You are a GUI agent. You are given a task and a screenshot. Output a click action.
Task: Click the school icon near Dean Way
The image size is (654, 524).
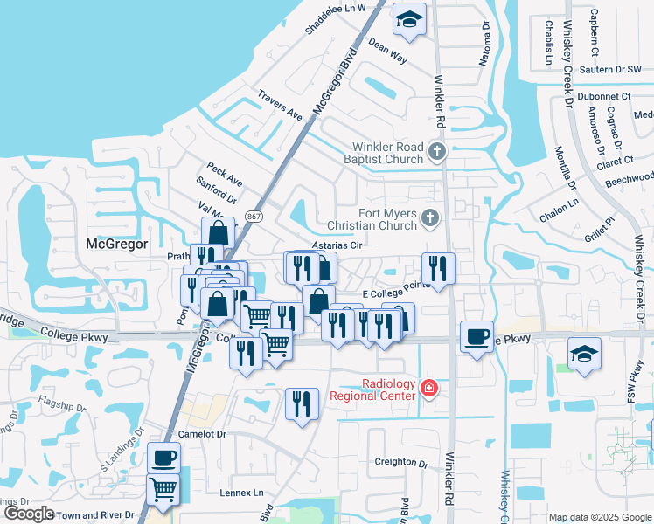[x=408, y=19]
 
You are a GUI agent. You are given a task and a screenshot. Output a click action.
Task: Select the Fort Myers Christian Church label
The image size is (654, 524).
[x=373, y=219]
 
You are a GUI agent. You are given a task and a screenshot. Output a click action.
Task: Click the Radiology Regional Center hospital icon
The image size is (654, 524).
[x=428, y=388]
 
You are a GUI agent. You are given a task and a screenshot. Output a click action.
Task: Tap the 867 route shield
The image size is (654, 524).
[x=254, y=216]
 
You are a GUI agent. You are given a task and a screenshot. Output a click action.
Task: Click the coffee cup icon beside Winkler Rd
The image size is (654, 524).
[x=477, y=335]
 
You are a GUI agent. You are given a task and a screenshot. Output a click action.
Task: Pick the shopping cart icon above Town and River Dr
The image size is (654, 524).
[x=163, y=489]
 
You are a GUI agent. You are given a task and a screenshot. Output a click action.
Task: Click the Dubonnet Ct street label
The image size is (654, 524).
[x=605, y=96]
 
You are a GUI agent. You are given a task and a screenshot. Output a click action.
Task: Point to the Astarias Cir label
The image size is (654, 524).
[x=337, y=246]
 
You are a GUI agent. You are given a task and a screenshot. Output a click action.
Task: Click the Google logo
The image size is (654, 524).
[x=28, y=514]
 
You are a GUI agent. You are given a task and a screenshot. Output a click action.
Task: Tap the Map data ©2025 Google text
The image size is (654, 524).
[x=600, y=517]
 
